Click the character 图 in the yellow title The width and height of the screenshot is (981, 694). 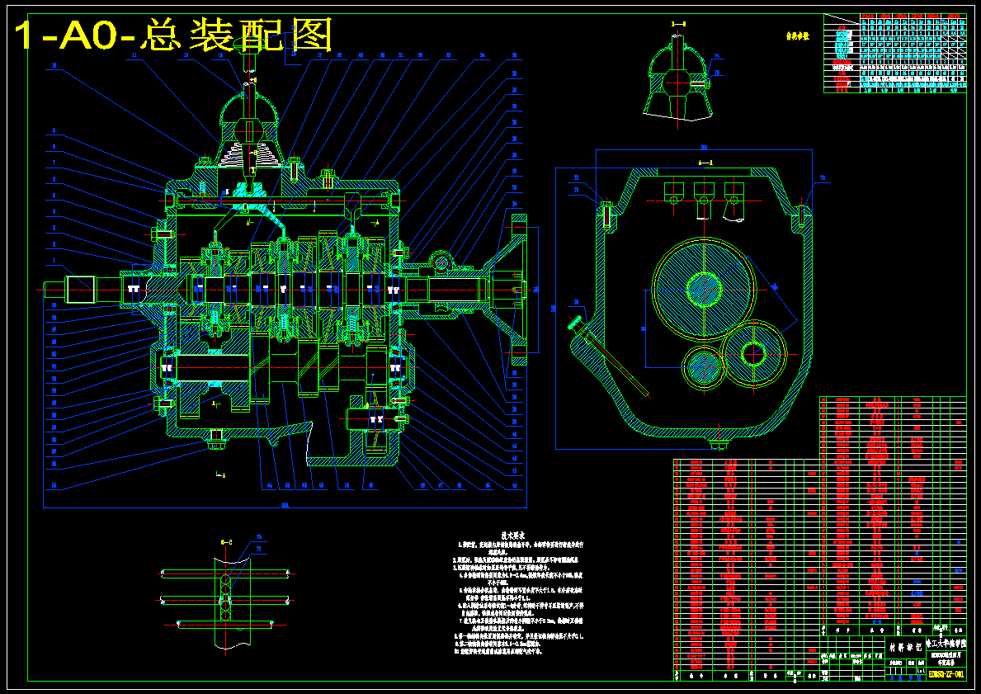tap(310, 35)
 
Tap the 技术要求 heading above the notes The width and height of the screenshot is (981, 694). tap(503, 535)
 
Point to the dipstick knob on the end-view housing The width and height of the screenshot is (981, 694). tap(576, 320)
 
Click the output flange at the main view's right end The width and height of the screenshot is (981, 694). tap(518, 289)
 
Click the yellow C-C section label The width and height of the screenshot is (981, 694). tap(225, 541)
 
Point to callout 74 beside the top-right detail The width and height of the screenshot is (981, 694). tap(716, 57)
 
